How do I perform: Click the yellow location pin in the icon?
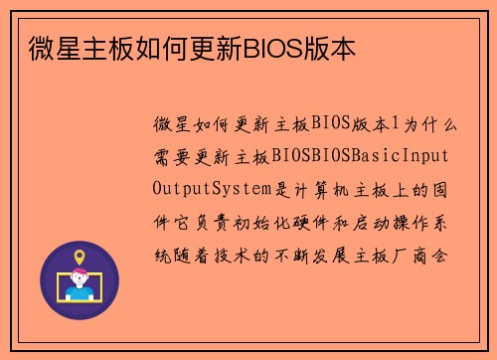click(80, 259)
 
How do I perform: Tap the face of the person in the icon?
click(80, 279)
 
